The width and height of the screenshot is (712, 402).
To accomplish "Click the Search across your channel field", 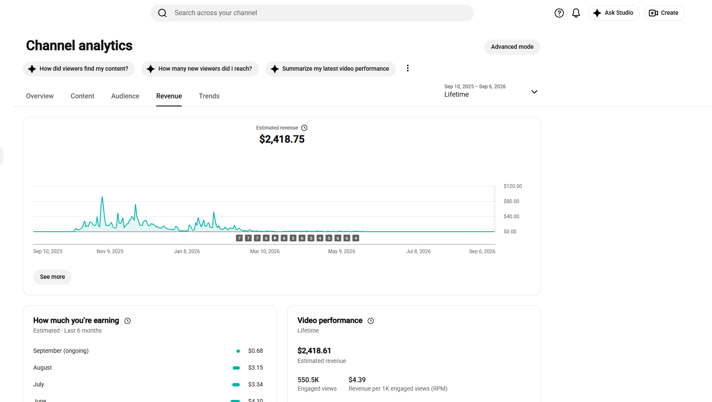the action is click(312, 13).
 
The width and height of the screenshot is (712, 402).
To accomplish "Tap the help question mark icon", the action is click(559, 13).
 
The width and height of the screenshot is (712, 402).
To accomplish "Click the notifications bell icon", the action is click(576, 13).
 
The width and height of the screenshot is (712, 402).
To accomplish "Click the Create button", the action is click(664, 13).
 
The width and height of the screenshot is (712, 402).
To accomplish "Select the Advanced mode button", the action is click(512, 47).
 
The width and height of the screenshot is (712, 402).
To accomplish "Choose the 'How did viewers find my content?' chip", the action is click(79, 69).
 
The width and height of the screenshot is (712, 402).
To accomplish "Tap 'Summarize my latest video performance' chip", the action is click(330, 69).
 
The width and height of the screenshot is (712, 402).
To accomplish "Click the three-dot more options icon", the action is click(407, 69).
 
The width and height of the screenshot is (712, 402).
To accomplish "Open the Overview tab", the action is click(40, 96).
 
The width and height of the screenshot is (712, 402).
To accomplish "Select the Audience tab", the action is click(125, 96).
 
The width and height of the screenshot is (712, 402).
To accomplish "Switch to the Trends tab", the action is click(209, 96).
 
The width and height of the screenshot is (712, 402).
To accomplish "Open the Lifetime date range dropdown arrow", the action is click(534, 92).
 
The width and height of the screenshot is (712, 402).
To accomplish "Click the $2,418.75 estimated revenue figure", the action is click(282, 140).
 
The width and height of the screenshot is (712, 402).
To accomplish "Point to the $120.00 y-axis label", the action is click(513, 186).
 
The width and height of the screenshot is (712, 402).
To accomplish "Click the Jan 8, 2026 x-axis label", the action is click(186, 251).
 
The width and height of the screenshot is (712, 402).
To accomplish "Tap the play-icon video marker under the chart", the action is click(275, 238).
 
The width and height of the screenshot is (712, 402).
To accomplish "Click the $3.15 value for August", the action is click(255, 368).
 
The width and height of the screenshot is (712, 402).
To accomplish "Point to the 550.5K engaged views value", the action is click(308, 380).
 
